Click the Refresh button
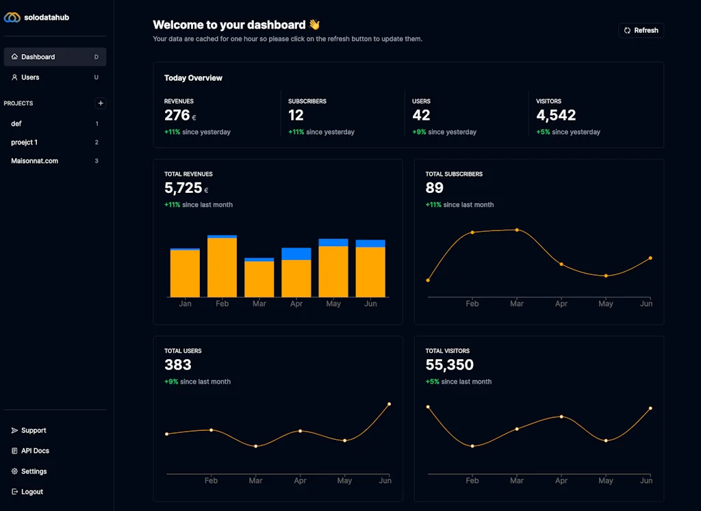click(641, 30)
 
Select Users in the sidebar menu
click(30, 77)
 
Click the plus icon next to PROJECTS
click(101, 103)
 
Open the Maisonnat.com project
click(35, 161)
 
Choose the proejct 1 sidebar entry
click(25, 142)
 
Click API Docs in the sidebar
click(35, 451)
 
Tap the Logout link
click(31, 492)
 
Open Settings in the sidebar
click(34, 471)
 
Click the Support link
click(34, 430)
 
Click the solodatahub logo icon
click(12, 17)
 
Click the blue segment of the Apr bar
click(296, 254)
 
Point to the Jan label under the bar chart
click(185, 304)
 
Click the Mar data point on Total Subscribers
click(517, 230)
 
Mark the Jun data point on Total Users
click(390, 404)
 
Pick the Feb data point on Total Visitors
click(472, 446)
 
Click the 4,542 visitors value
click(556, 116)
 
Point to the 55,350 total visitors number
click(449, 365)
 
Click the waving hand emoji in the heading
click(314, 25)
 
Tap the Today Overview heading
click(193, 78)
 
